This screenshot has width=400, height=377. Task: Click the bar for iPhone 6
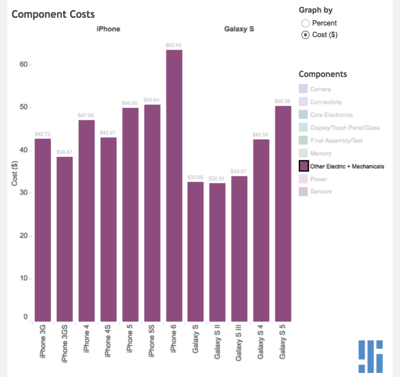[x=174, y=186]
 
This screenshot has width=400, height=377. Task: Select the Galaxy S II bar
[x=217, y=252]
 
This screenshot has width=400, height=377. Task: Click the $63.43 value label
[x=174, y=45]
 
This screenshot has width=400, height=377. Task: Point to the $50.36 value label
[x=283, y=101]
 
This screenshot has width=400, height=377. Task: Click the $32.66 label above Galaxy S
[x=195, y=177]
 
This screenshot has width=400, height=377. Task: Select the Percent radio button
[x=305, y=23]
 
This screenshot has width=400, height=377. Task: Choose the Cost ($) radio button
[x=305, y=35]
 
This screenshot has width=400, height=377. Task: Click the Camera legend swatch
[x=303, y=89]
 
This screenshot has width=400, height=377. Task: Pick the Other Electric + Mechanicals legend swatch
[x=303, y=166]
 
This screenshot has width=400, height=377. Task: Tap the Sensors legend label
[x=320, y=191]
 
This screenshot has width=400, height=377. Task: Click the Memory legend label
[x=320, y=153]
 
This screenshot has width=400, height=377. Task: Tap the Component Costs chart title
[x=53, y=14]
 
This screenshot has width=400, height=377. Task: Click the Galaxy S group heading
[x=239, y=29]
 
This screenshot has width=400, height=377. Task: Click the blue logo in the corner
[x=371, y=356]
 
